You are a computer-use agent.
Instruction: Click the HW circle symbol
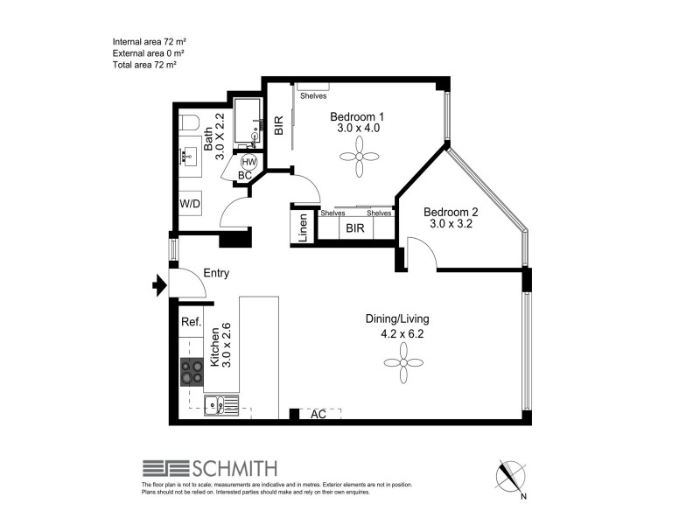click(x=248, y=163)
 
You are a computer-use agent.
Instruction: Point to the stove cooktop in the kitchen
click(x=192, y=373)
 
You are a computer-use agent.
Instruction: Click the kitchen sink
click(x=216, y=405)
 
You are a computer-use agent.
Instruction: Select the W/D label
click(x=191, y=204)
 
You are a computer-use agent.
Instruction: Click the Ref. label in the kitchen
click(x=191, y=322)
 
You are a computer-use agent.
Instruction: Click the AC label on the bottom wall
click(x=318, y=415)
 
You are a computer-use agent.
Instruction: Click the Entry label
click(x=216, y=273)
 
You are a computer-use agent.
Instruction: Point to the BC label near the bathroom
click(x=244, y=175)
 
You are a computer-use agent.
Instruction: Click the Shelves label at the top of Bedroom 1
click(x=313, y=96)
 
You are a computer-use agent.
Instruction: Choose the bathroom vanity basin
click(x=188, y=157)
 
